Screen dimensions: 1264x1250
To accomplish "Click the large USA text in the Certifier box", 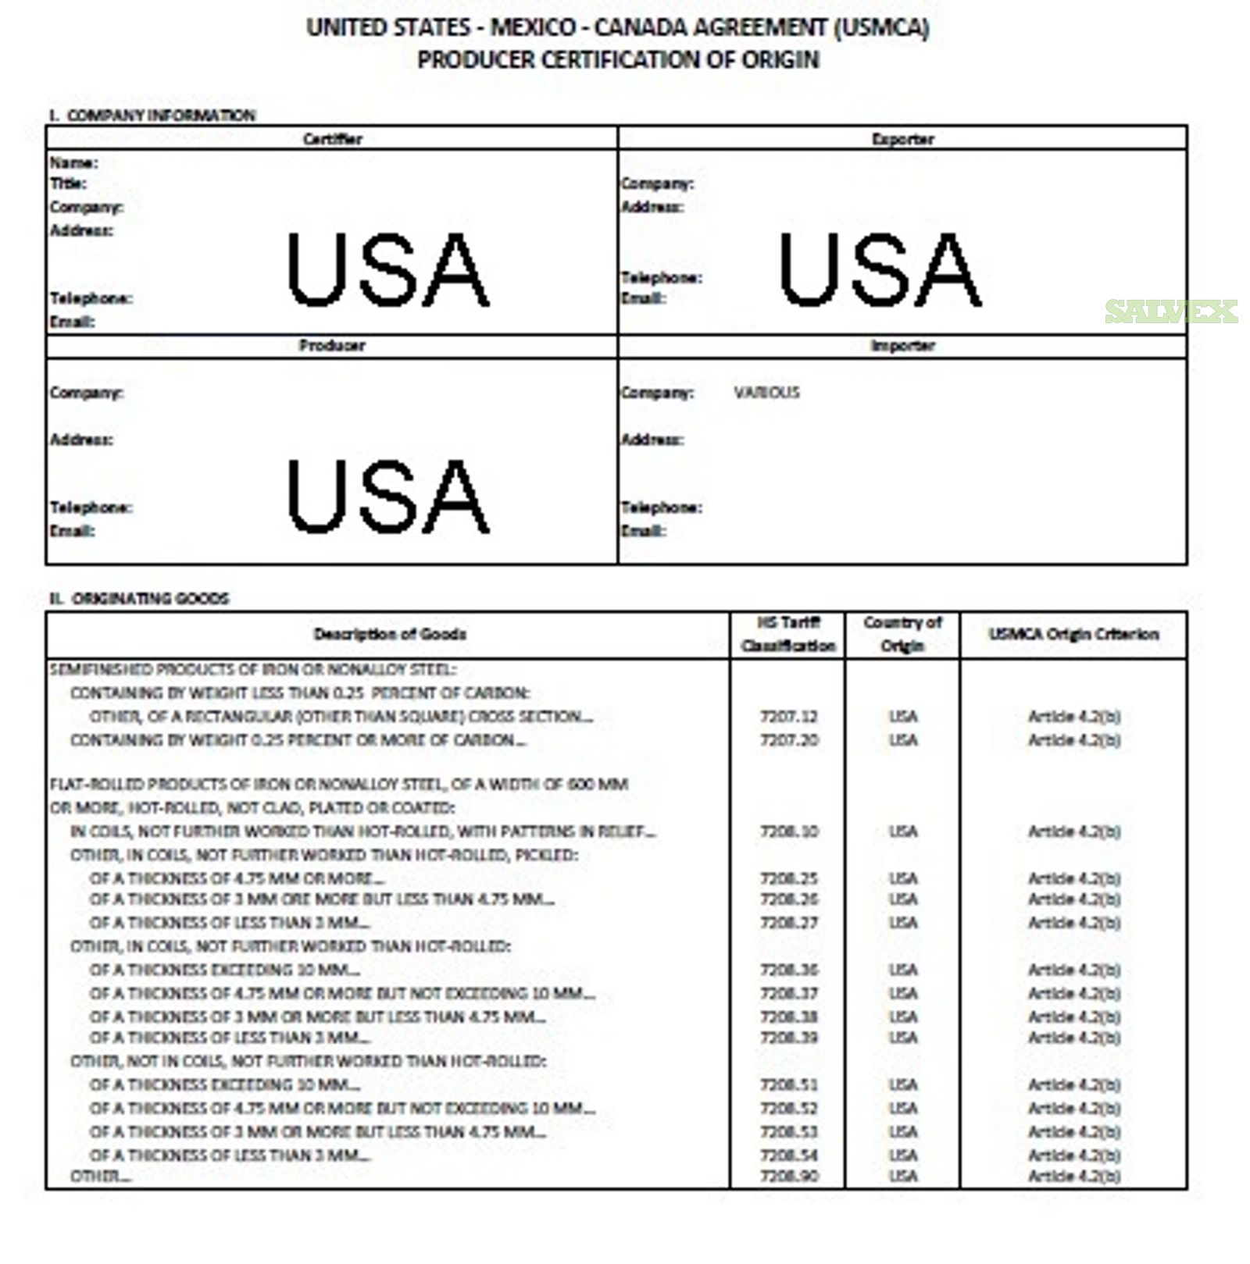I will (x=388, y=270).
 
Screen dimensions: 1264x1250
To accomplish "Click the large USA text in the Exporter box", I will (x=880, y=270).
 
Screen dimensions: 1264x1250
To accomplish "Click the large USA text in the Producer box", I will (x=388, y=496).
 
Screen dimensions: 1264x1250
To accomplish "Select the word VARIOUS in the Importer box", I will (x=766, y=393).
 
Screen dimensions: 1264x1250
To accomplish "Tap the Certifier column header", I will (x=332, y=139).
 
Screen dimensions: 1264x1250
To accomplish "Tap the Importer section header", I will (x=902, y=346).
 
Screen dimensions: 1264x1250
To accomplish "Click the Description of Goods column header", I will (x=390, y=634).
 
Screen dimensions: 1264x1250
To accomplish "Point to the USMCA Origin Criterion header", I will (x=1073, y=634).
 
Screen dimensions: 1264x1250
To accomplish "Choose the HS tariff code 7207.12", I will (x=789, y=717).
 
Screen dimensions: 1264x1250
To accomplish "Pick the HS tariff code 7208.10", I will (x=789, y=831).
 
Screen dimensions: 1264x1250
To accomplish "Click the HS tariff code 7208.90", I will (x=789, y=1176).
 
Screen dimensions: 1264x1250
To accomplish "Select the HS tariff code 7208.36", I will (x=789, y=970).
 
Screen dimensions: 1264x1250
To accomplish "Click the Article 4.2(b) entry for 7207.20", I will (x=1073, y=739).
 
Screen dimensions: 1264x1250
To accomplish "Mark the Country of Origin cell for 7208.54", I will (x=902, y=1155).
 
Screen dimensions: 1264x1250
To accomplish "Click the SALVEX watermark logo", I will (x=1170, y=312).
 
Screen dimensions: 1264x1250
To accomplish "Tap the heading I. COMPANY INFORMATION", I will (x=152, y=116).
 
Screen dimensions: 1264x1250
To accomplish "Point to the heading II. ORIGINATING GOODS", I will (x=139, y=599).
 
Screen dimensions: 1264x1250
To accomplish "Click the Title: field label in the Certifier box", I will (x=68, y=183).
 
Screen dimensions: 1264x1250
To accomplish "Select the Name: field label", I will (x=73, y=162).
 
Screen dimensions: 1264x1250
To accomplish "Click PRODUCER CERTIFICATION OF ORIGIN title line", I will (x=617, y=60).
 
